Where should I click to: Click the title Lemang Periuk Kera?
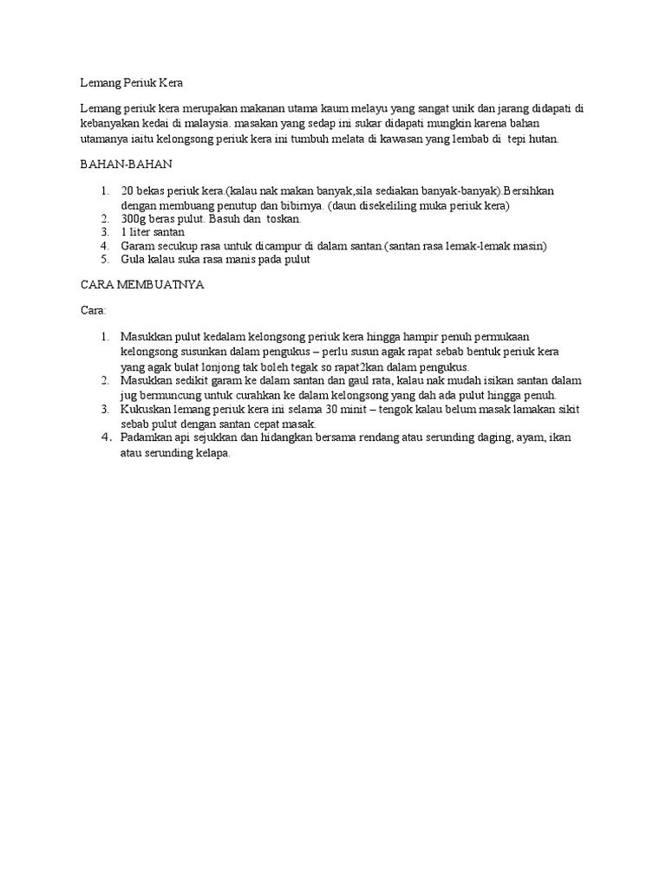click(x=132, y=83)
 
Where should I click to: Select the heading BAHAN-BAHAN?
click(x=117, y=164)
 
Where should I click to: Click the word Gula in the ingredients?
click(x=134, y=259)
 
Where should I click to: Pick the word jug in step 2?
click(x=129, y=394)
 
